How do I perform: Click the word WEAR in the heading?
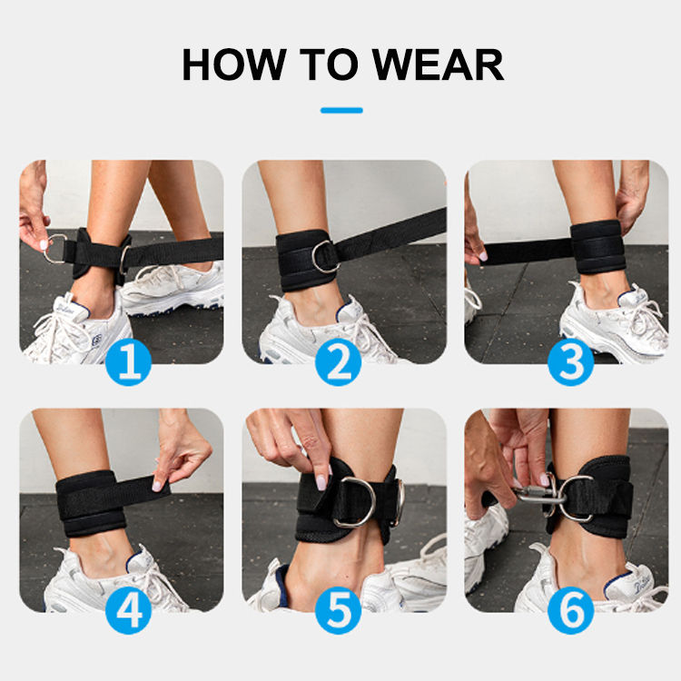[438, 64]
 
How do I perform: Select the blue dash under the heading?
[341, 110]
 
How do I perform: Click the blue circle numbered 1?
[129, 362]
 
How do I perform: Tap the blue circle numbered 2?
[339, 362]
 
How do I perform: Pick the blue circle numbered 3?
[571, 362]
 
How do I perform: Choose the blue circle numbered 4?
[129, 611]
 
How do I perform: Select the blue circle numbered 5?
[339, 611]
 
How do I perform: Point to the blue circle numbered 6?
[571, 611]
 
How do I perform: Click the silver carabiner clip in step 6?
[538, 494]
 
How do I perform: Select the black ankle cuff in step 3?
[598, 247]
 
